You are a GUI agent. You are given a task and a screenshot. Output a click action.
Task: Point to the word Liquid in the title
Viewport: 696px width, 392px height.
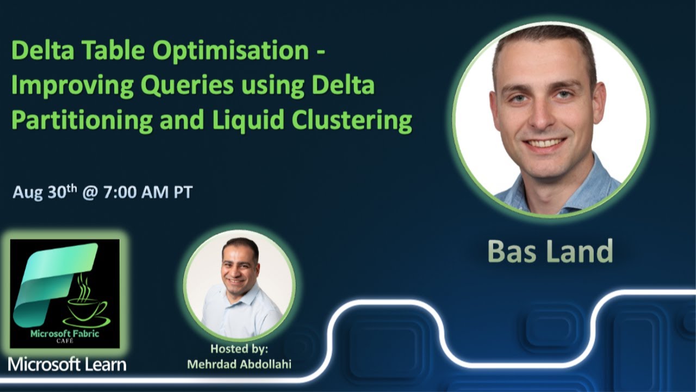(246, 121)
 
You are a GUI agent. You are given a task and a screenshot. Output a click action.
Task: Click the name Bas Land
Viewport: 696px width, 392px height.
(550, 251)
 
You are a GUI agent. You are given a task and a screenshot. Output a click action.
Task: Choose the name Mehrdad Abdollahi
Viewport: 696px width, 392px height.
(239, 364)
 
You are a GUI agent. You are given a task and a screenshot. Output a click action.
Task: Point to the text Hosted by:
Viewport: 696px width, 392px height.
(239, 349)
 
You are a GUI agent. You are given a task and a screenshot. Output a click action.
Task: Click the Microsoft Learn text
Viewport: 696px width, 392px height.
(67, 364)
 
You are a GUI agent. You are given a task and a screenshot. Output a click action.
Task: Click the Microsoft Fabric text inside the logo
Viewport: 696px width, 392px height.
(65, 334)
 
